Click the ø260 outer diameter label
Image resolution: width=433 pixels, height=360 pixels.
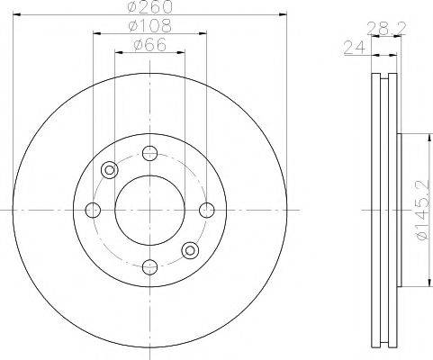coord(149,8)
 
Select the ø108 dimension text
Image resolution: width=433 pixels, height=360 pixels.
coord(149,28)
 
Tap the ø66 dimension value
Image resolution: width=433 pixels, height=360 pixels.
coord(149,45)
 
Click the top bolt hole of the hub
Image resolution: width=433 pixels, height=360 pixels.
coord(149,152)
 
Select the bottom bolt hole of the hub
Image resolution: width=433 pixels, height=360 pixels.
coord(149,266)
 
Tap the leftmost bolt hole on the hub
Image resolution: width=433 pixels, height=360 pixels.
coord(93,210)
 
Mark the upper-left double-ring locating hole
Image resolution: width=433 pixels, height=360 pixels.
coord(110,169)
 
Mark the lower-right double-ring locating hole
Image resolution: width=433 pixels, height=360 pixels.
coord(189,249)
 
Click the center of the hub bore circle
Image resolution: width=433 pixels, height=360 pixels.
coord(149,210)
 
